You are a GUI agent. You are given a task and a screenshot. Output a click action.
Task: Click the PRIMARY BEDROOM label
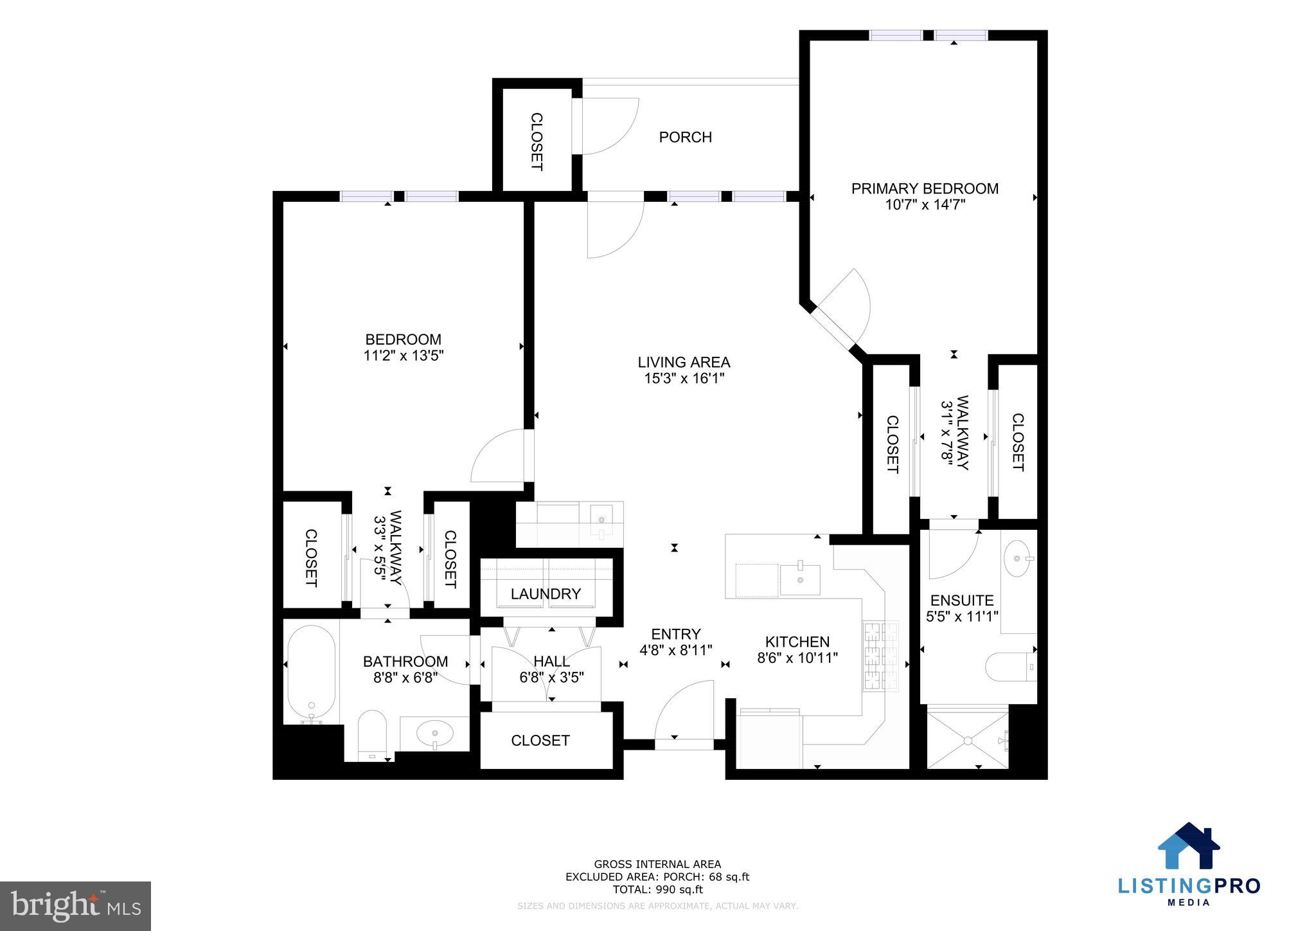tap(924, 188)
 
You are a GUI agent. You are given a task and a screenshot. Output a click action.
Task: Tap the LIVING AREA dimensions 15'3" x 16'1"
tap(684, 379)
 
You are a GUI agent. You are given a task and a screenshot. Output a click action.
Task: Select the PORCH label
tap(685, 137)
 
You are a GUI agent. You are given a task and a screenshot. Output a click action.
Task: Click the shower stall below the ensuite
tap(966, 739)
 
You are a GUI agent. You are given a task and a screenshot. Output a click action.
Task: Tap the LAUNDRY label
tap(546, 594)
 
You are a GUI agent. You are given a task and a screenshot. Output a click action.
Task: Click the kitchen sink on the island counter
tap(800, 579)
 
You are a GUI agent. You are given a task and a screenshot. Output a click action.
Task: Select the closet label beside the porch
tap(536, 141)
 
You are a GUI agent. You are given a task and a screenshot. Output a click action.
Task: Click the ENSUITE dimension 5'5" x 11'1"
tap(961, 617)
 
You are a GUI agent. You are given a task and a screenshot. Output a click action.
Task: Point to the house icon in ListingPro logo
tap(1189, 847)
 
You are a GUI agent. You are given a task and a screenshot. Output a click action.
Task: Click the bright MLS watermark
tap(75, 906)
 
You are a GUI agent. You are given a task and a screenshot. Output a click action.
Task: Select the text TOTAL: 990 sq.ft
tap(657, 890)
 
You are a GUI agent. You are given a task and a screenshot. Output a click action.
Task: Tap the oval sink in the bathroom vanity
tap(434, 732)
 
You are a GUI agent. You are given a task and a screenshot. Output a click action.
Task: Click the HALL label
tap(551, 662)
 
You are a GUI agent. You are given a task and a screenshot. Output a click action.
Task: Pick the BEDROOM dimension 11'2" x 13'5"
tap(404, 356)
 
